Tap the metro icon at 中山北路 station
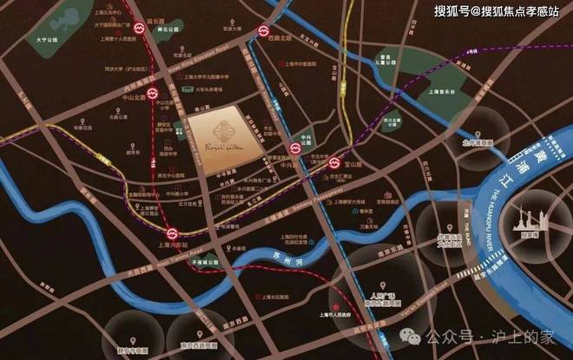point(151,91)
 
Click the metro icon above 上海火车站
point(173,232)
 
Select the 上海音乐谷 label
point(443,90)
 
